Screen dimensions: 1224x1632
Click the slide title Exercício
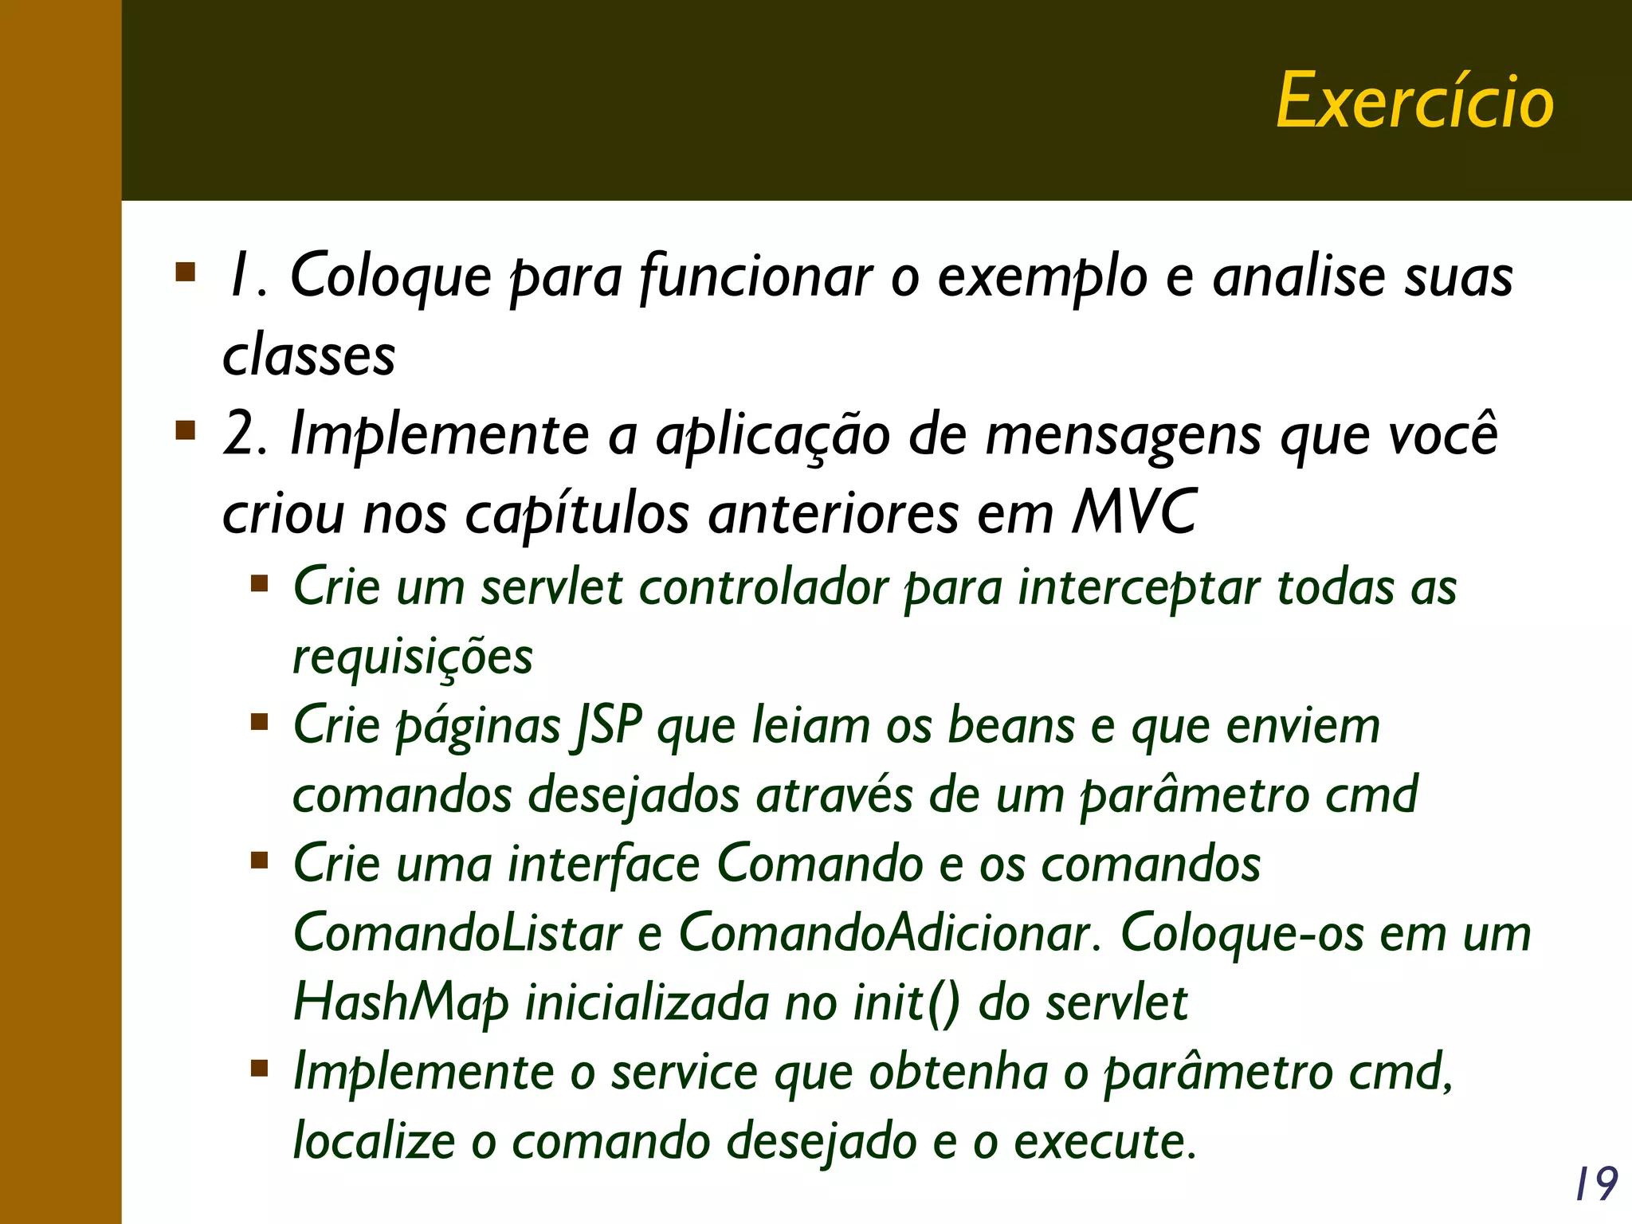[1415, 101]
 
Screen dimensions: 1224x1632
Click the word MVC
[1133, 512]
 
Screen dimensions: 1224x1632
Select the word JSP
[609, 727]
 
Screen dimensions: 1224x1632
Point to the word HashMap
[401, 1003]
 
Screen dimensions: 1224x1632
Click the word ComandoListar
[457, 933]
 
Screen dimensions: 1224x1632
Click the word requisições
[413, 658]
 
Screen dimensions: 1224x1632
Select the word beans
[1010, 727]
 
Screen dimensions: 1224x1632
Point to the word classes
[309, 355]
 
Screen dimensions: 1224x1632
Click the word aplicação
[772, 436]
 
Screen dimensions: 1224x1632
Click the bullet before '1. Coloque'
[186, 273]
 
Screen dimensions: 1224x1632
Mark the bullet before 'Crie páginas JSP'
[259, 723]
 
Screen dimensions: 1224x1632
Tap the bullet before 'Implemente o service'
[259, 1068]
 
